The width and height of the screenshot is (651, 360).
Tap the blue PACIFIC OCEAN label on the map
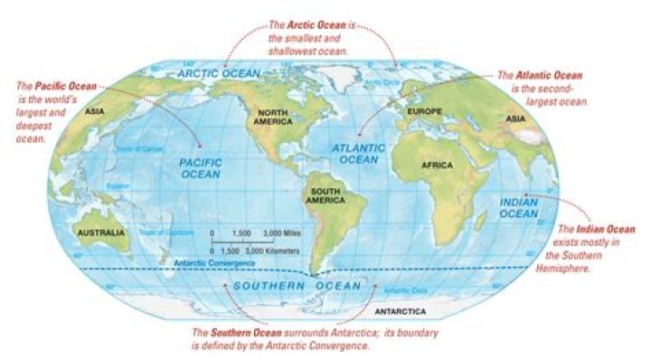click(x=200, y=168)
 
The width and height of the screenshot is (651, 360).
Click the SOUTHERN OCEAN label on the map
click(x=297, y=286)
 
